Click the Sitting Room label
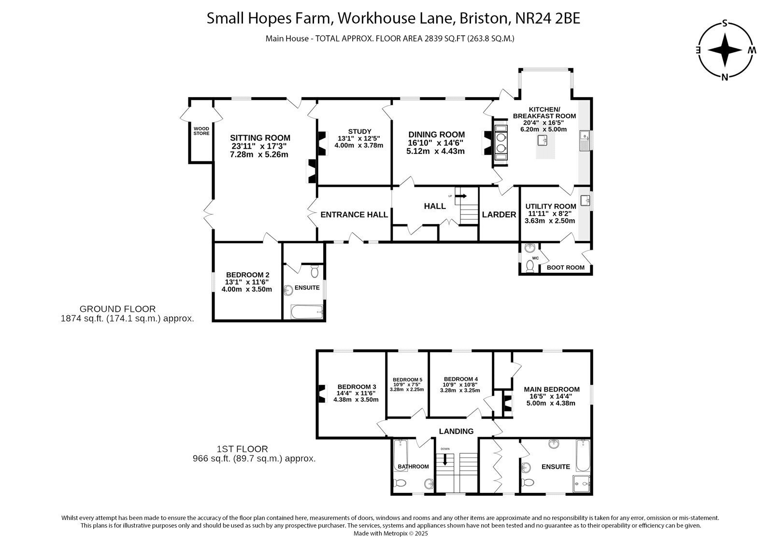260,138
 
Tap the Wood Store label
201,131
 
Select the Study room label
359,131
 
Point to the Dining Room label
436,135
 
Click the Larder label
499,214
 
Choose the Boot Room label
566,267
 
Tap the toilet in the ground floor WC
530,266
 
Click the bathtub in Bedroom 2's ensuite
307,312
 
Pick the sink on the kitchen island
543,140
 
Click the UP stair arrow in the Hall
461,196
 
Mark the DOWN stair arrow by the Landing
445,459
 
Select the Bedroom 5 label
407,379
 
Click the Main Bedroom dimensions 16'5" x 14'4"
551,396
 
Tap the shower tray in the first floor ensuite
582,484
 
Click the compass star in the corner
725,50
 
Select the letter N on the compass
725,77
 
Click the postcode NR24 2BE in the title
548,18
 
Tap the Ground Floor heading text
118,308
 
